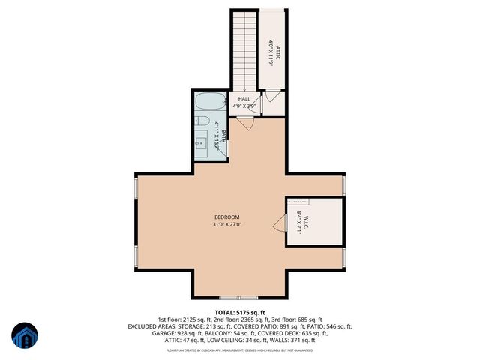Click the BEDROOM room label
(226, 217)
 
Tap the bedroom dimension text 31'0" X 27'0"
(226, 223)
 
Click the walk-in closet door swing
(279, 223)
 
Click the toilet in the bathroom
(202, 121)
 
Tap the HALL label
(244, 99)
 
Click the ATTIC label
(277, 52)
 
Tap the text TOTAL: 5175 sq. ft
(240, 312)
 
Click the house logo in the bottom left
(24, 336)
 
